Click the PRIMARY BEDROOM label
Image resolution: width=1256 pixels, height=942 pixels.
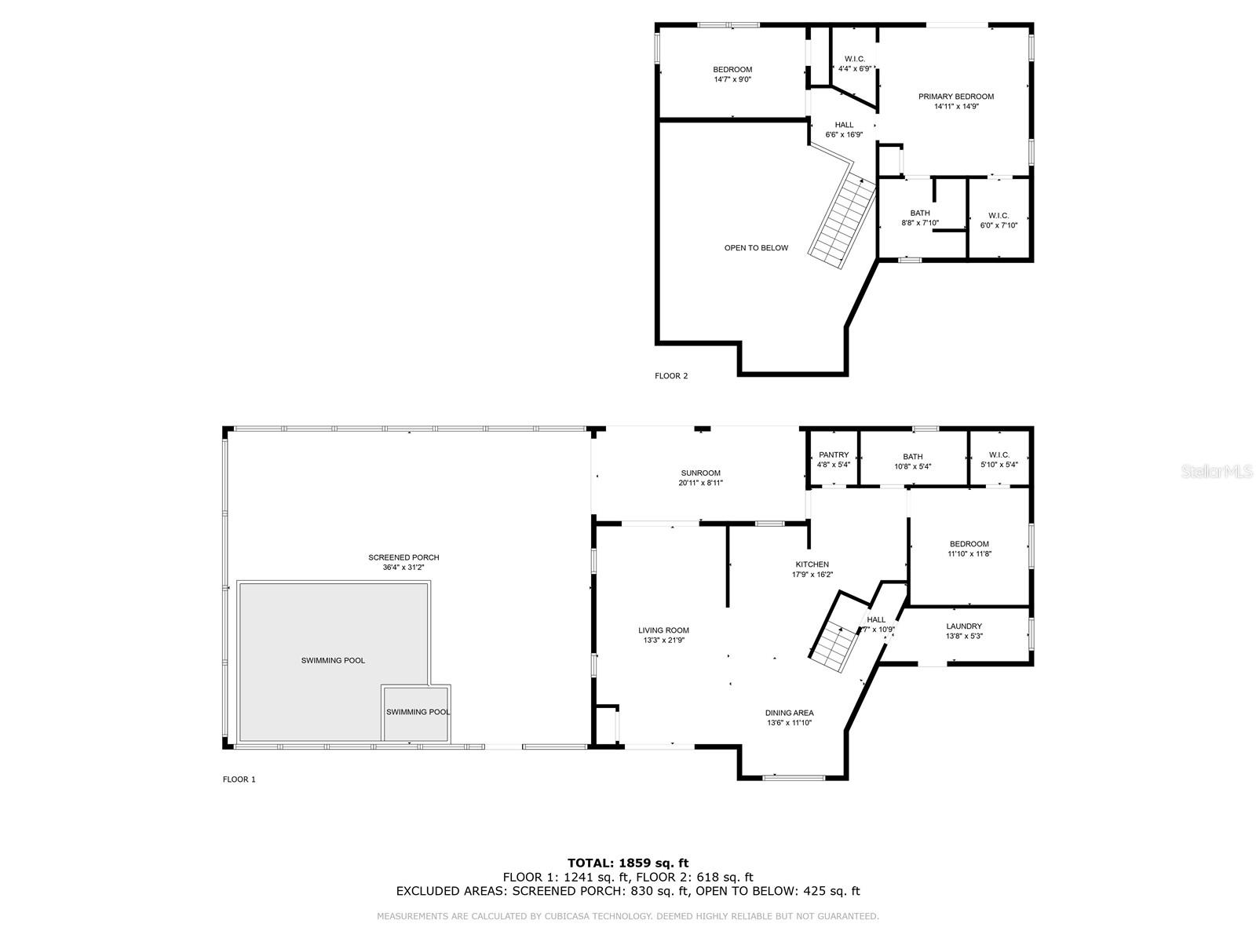[955, 97]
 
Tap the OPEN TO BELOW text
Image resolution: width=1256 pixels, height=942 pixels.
[756, 247]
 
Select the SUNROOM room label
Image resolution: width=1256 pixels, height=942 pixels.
[700, 473]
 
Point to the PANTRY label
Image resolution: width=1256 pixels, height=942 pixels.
[833, 455]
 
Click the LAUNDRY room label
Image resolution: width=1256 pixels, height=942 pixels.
[964, 626]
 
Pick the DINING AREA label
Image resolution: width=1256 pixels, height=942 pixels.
[789, 713]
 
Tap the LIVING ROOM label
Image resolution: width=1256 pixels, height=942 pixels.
[664, 630]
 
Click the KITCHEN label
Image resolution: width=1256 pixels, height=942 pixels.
[812, 564]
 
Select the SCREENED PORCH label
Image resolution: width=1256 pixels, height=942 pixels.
[403, 557]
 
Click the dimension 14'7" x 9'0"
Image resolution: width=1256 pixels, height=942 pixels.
[732, 79]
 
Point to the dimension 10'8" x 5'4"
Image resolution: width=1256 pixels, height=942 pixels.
[912, 466]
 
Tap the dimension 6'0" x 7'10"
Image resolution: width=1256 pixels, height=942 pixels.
[999, 225]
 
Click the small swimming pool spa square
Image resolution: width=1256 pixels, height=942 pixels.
[416, 714]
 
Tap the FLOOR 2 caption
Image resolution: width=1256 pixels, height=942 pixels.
[671, 376]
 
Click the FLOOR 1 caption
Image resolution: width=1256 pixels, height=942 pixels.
[239, 779]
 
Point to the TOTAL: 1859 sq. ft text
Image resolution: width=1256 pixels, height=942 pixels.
[628, 863]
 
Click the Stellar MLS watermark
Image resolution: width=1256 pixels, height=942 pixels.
[1217, 472]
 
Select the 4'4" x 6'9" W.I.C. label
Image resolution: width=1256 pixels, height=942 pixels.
[855, 64]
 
